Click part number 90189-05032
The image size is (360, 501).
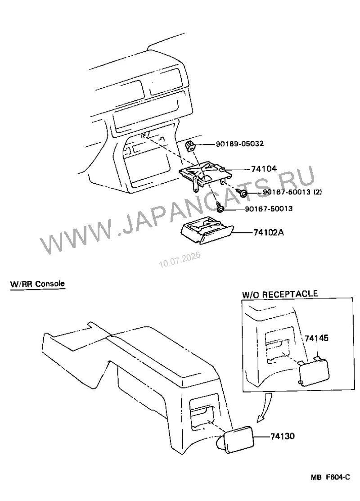point(239,144)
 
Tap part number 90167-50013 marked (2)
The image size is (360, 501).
point(292,192)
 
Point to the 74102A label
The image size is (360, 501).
point(268,232)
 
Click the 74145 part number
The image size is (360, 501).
point(316,338)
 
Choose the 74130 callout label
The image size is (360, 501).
point(283,436)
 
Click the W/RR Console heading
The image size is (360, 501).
point(37,284)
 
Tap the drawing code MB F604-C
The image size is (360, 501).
point(330,477)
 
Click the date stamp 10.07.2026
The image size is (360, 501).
point(180,260)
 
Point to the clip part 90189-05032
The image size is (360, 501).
point(190,146)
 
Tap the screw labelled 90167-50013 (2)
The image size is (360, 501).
point(242,193)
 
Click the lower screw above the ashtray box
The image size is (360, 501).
point(219,207)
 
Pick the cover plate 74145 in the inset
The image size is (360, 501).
point(313,372)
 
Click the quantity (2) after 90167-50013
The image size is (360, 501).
point(318,192)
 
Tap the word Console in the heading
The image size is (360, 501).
point(50,284)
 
